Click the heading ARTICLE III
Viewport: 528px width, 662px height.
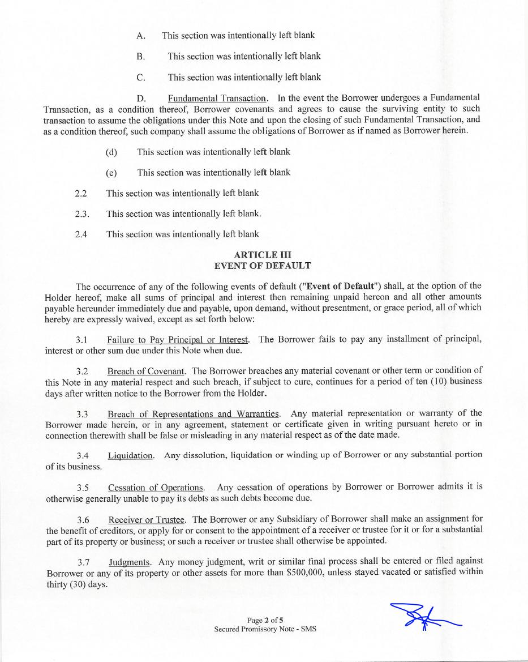263,255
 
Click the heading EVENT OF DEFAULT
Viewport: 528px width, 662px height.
263,266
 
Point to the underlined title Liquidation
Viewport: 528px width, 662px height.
131,455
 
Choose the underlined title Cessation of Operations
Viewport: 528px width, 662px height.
156,488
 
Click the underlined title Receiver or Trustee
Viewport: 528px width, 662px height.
147,519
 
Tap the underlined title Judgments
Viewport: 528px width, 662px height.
130,562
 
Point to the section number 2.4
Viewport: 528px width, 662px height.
81,234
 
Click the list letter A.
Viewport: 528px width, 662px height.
141,36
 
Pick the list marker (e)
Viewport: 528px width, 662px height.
111,173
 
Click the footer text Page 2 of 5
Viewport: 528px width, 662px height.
265,620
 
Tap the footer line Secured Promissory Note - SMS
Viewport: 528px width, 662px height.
265,629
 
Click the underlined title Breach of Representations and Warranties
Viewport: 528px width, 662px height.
194,413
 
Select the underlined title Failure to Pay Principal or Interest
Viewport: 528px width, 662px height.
178,339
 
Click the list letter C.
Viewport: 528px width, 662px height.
141,78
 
